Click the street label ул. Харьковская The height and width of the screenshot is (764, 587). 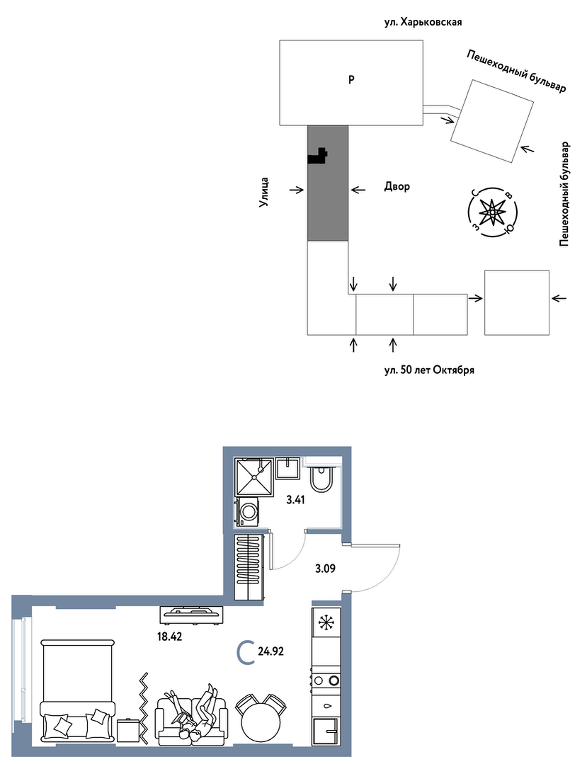point(422,23)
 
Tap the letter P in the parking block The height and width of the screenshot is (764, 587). point(351,79)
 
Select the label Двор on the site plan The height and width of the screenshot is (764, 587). point(397,186)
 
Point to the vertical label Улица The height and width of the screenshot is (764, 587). point(264,193)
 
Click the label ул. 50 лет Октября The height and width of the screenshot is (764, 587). point(428,370)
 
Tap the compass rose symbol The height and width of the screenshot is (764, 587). point(493,212)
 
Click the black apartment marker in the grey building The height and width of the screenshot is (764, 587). point(318,156)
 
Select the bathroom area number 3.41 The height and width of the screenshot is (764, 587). point(296,499)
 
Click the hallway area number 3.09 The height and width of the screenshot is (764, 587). point(325,568)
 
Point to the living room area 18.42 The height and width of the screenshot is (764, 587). point(169,636)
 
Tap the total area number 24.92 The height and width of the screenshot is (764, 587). point(271,651)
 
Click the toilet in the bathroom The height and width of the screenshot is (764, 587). point(321,478)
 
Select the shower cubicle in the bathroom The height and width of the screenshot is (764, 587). point(253,477)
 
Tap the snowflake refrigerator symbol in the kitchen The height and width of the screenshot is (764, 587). point(325,622)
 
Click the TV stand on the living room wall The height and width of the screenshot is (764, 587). point(191,614)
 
